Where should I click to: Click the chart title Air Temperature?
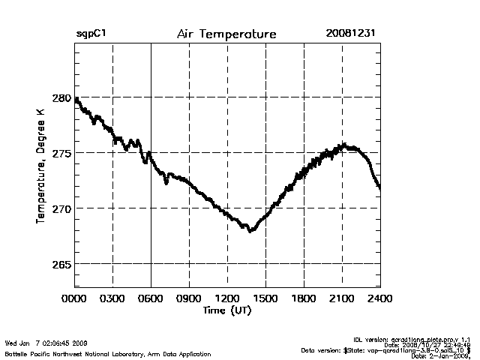(226, 34)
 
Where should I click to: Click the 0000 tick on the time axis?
(74, 298)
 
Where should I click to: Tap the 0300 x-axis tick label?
(112, 298)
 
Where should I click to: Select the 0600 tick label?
(151, 298)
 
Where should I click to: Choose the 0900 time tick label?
(189, 298)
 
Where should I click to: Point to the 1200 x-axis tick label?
(227, 298)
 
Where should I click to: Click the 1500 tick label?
(265, 298)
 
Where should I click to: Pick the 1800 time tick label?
(304, 298)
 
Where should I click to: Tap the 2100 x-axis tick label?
(342, 298)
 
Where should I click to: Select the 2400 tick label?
(379, 298)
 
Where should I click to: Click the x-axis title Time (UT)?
(226, 310)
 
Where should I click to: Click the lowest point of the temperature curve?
(250, 231)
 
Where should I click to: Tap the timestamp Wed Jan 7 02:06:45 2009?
(46, 343)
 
